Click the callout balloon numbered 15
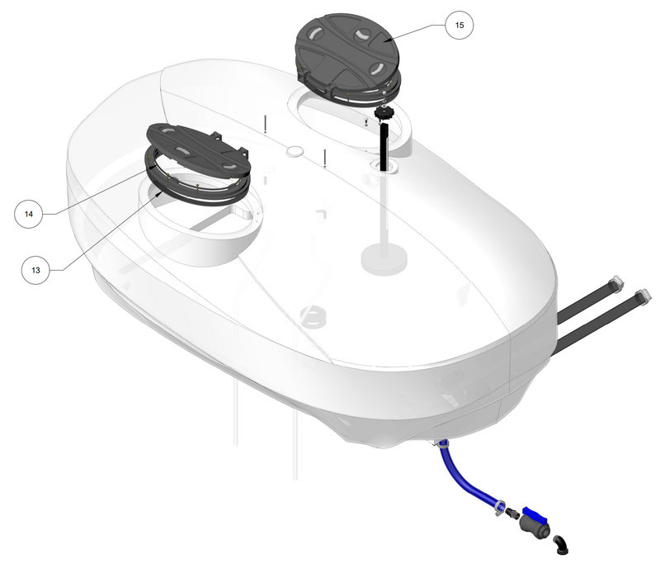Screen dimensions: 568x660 point(459,26)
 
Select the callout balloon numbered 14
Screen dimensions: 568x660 point(28,214)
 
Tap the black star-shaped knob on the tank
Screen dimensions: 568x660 point(383,112)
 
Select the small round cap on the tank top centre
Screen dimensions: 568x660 point(295,152)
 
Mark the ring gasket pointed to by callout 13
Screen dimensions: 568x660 point(198,192)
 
